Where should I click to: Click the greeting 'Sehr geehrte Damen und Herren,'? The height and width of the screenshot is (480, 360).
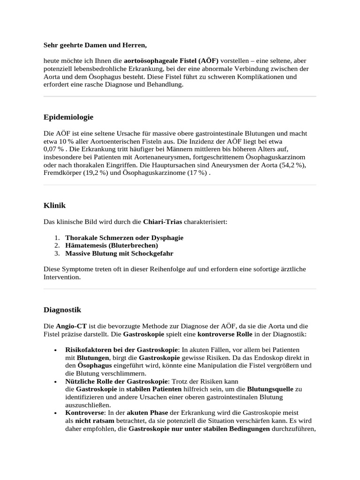pyautogui.click(x=95, y=45)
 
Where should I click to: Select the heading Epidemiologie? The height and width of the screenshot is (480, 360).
pyautogui.click(x=68, y=117)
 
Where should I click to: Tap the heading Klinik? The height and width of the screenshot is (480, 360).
pyautogui.click(x=54, y=205)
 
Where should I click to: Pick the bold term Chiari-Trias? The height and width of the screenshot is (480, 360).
pyautogui.click(x=163, y=221)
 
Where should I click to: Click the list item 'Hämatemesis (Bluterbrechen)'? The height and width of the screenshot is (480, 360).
pyautogui.click(x=112, y=245)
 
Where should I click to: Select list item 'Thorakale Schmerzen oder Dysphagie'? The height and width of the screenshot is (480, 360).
pyautogui.click(x=124, y=238)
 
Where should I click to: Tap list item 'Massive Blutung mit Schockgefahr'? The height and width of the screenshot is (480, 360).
pyautogui.click(x=119, y=253)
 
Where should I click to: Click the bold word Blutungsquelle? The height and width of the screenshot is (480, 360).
pyautogui.click(x=270, y=389)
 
